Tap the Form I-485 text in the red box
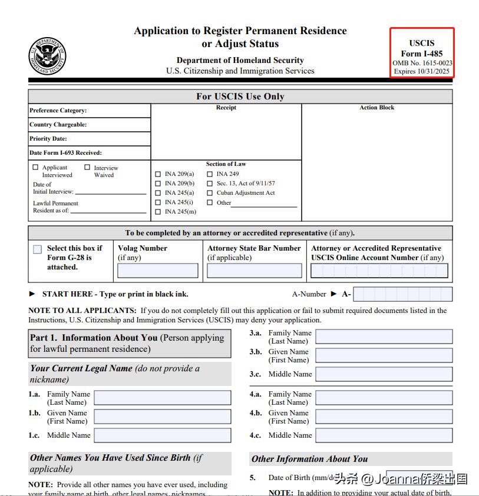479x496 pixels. (421, 54)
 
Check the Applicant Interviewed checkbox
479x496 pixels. (36, 168)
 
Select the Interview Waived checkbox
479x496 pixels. (87, 168)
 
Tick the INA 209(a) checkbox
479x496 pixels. (158, 174)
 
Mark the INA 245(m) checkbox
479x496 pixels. (158, 212)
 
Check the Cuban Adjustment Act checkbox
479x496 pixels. (210, 193)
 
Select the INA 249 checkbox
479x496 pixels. (210, 174)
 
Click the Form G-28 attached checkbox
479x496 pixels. (38, 249)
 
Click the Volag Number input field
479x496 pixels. (158, 271)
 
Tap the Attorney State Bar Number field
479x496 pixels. (254, 271)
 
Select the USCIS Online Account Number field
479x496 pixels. (379, 271)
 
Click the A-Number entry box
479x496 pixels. (403, 294)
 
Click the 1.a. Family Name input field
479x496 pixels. (163, 398)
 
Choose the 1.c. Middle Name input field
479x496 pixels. (163, 435)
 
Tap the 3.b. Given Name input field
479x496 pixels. (384, 355)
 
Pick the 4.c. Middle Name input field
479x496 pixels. (384, 435)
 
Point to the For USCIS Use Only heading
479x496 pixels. (240, 96)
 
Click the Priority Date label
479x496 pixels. (48, 139)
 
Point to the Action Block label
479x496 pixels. (377, 108)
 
